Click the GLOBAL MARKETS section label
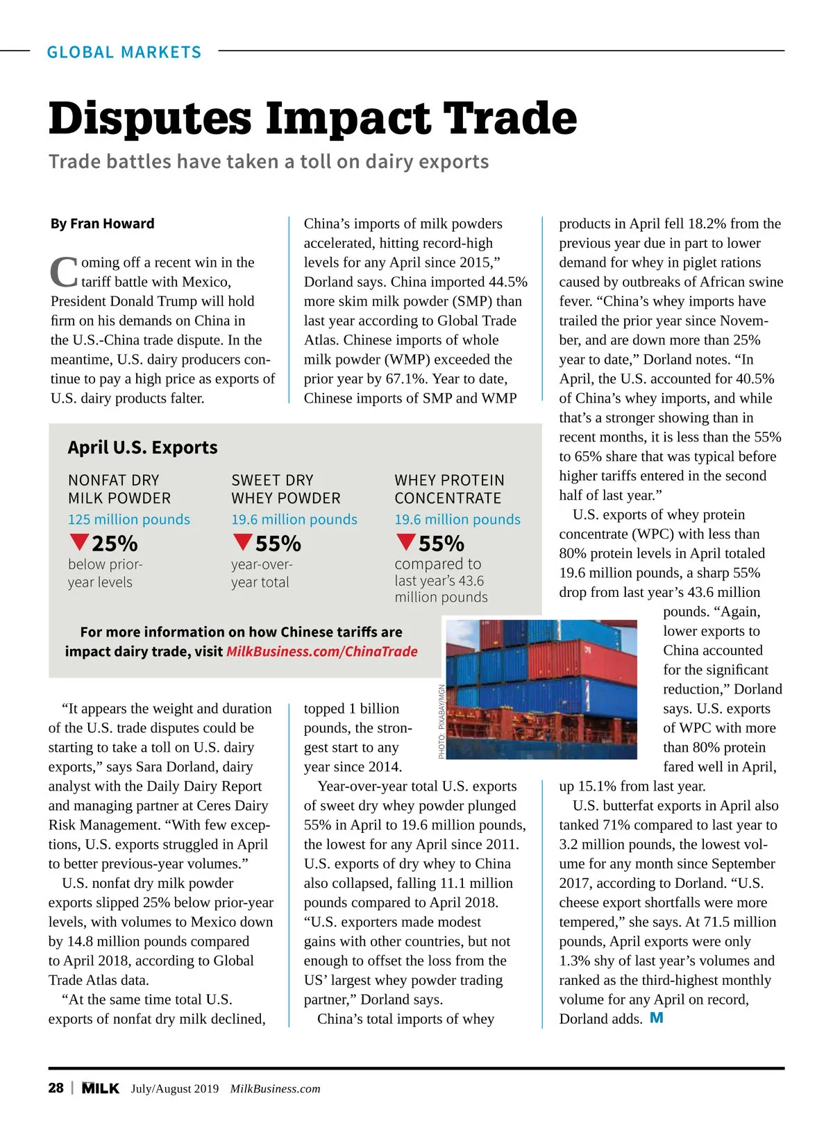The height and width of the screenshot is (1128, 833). point(124,52)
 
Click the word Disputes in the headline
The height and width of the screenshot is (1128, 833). point(150,118)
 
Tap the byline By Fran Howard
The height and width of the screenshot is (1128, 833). point(102,224)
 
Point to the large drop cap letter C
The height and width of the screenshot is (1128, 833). point(64,272)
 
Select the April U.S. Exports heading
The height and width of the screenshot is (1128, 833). point(142,447)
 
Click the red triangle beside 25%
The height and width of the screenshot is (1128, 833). point(79,541)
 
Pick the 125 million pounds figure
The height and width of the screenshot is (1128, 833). point(128,519)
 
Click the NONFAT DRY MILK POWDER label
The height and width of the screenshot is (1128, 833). point(119,489)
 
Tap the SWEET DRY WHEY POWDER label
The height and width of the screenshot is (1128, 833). point(285,489)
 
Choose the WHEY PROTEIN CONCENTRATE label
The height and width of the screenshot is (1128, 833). point(449,489)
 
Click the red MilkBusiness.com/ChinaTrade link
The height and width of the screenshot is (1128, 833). point(322,651)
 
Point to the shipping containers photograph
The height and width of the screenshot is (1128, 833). point(541,689)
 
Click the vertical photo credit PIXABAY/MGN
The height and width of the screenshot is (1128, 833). point(441,722)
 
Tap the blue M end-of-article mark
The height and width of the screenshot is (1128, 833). point(656,1018)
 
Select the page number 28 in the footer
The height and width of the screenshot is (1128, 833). point(56,1088)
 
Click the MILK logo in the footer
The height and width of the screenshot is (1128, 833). point(100,1088)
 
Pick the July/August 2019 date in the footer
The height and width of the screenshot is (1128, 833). point(175,1088)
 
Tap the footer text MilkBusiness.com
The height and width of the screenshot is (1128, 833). point(275,1088)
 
